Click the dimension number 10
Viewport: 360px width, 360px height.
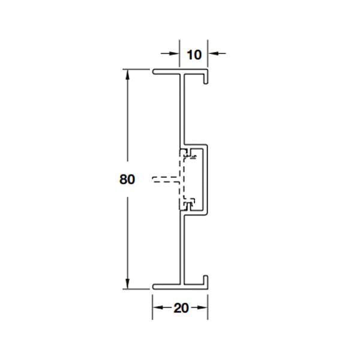pos(194,55)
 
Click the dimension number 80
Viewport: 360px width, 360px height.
pos(127,179)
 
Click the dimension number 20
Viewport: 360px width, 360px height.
pos(181,308)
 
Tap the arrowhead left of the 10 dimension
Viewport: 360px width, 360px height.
pos(174,53)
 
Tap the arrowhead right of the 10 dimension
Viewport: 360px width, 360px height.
pos(213,53)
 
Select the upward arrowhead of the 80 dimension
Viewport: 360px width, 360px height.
pos(127,74)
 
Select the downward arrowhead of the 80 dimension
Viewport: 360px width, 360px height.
pos(127,284)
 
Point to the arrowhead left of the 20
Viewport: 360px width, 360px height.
pos(158,307)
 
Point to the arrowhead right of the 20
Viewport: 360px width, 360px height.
pos(202,307)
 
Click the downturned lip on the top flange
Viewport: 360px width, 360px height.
pos(206,78)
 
